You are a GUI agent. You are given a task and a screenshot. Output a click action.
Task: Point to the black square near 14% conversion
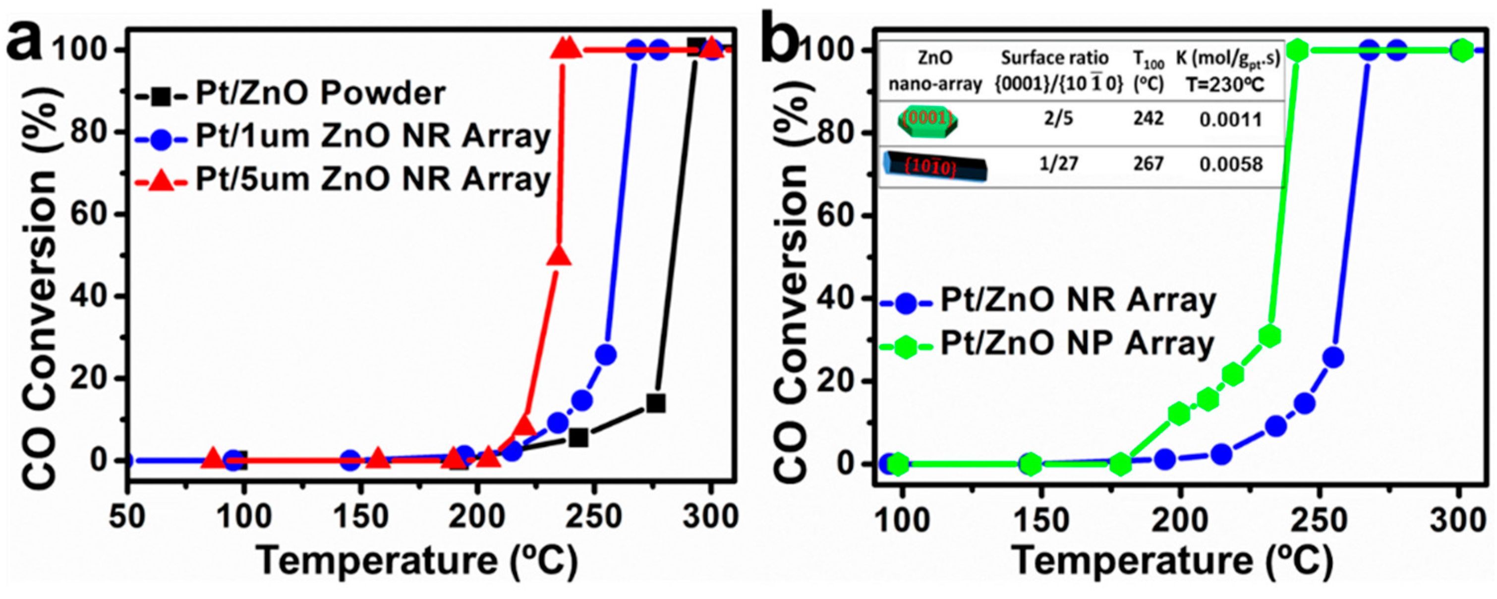tap(656, 403)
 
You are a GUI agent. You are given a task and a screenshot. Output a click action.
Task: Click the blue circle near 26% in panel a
tap(606, 354)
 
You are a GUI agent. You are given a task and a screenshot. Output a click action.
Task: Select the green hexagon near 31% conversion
tap(1270, 336)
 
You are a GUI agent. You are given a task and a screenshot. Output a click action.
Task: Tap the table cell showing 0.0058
tap(1231, 164)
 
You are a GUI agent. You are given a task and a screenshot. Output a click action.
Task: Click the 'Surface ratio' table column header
tap(1055, 58)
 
